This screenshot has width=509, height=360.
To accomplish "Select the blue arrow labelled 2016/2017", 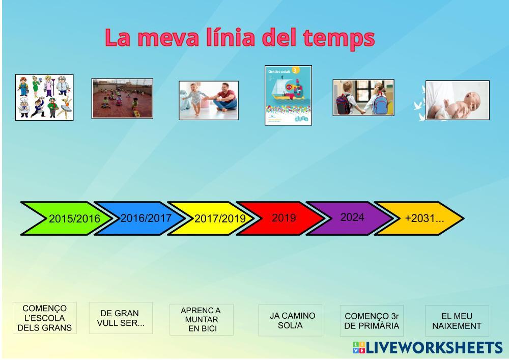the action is [x=139, y=218].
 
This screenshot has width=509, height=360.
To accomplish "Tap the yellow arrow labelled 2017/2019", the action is [x=213, y=218].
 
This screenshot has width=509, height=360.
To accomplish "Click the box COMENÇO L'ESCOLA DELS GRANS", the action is [x=45, y=318].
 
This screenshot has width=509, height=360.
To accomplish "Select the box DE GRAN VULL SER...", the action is [x=121, y=318].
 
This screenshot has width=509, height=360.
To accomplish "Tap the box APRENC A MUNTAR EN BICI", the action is [x=201, y=319].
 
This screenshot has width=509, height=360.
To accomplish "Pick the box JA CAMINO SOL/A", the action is [x=290, y=320].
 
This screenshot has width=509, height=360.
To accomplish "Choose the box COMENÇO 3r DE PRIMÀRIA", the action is [x=372, y=321].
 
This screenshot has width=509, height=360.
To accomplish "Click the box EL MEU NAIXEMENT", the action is [x=457, y=321].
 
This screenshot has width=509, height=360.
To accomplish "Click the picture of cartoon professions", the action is [x=44, y=97].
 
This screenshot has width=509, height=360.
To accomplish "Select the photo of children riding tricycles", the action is [x=122, y=98].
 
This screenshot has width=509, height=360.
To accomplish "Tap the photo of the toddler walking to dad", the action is [x=209, y=100].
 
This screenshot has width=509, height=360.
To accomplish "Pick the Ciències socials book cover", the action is [x=288, y=95].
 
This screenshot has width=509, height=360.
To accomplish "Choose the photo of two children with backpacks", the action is [x=363, y=97].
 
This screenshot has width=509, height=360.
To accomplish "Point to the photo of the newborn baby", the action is [x=458, y=100].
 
